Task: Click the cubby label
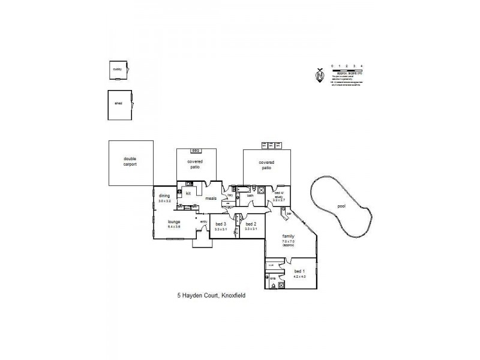pos(117,69)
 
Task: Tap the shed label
pos(118,103)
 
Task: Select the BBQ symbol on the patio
pos(195,150)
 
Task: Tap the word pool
pos(341,206)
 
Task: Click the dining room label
pos(164,196)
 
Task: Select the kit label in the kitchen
pos(188,194)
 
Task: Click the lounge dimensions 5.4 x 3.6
pos(174,227)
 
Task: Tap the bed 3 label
pos(220,224)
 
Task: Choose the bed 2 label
pos(251,224)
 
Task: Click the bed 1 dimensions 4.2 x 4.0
pos(299,277)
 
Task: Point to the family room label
pos(289,236)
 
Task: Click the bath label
pos(251,196)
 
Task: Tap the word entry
pos(203,222)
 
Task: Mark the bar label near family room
pos(289,213)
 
